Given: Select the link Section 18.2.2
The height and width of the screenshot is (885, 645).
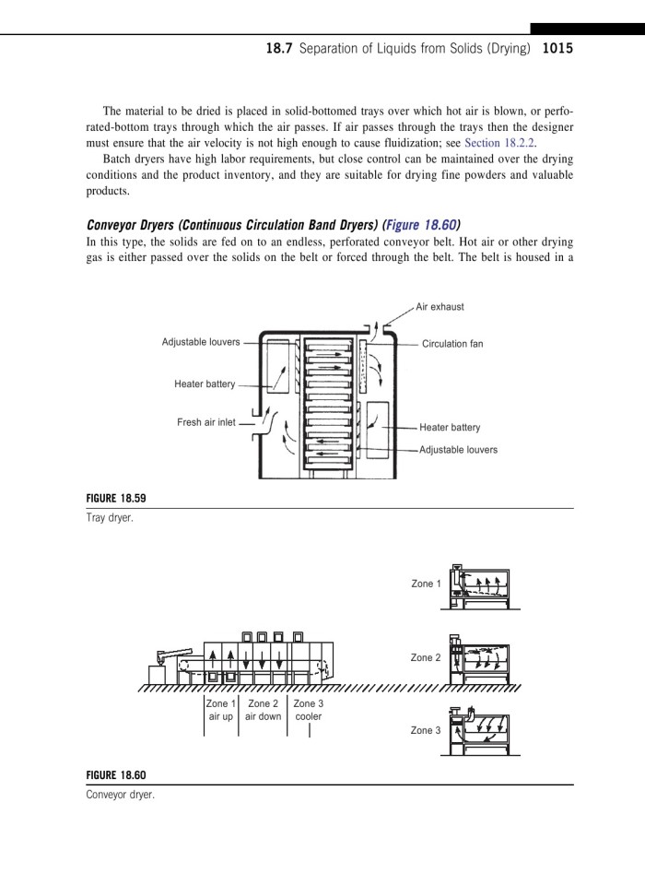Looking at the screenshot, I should (499, 143).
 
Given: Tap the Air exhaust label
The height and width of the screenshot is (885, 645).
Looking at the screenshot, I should (440, 306).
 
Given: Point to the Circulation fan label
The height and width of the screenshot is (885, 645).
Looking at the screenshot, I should (452, 344).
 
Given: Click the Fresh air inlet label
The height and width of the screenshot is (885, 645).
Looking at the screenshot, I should (206, 422).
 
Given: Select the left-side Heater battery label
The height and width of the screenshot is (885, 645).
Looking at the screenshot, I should (205, 383).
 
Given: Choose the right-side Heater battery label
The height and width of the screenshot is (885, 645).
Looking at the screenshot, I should (450, 428).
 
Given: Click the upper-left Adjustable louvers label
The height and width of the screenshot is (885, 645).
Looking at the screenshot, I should (201, 342).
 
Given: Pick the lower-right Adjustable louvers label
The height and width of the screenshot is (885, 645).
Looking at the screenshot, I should (458, 450).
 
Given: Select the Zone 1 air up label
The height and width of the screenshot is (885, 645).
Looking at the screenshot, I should (221, 710).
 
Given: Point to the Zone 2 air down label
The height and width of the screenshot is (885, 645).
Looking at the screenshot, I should (263, 710).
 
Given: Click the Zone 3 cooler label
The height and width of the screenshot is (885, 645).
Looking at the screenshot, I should (308, 710).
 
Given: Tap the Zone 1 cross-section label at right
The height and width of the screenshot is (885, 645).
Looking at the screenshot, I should (426, 584).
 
